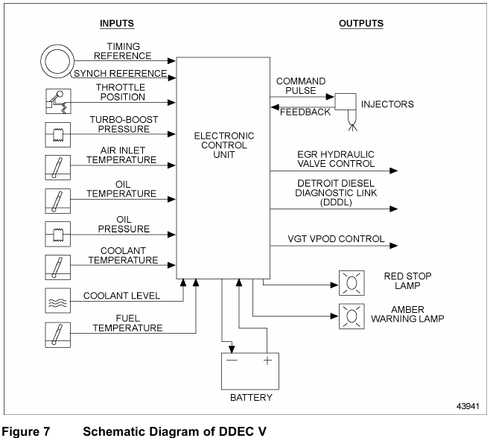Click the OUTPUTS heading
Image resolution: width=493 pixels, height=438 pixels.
[361, 23]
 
